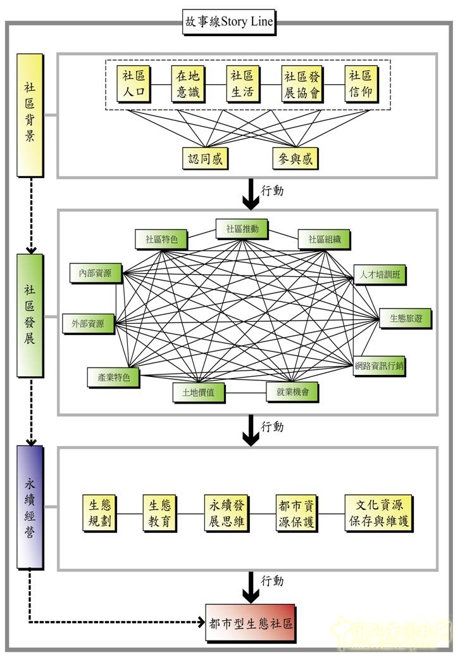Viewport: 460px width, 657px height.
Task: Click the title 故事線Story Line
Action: point(228,22)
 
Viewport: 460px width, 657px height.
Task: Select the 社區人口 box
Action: point(134,84)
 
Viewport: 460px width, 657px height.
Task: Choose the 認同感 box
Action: point(205,158)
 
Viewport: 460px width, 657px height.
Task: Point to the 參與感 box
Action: point(295,158)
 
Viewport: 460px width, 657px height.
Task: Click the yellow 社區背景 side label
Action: point(30,114)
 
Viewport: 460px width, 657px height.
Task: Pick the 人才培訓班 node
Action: point(379,275)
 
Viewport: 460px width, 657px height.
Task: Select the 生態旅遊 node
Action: point(405,319)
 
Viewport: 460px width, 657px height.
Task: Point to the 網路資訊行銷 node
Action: point(380,365)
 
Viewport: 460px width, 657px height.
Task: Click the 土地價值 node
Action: point(199,392)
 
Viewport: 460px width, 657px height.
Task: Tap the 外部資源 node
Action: point(89,323)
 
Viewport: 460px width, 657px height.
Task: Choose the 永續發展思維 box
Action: point(228,513)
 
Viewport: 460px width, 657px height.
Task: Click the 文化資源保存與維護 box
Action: point(378,513)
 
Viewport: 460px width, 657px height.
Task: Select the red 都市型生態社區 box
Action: point(251,623)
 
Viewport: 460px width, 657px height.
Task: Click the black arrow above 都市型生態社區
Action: point(251,588)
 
